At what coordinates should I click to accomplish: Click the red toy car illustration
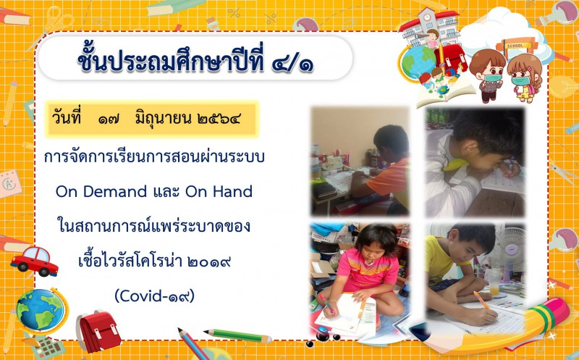click(34, 261)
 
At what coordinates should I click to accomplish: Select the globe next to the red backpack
click(41, 310)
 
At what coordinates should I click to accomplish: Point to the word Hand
click(232, 191)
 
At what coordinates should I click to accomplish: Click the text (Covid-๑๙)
click(154, 296)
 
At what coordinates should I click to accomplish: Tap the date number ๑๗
click(109, 119)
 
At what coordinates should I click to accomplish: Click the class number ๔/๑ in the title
click(292, 62)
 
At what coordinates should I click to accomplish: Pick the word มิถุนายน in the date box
click(163, 119)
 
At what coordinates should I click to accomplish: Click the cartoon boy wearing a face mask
click(487, 75)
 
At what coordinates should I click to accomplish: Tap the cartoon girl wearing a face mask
click(524, 78)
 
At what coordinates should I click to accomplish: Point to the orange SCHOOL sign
click(515, 46)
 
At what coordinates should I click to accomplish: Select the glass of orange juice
click(494, 282)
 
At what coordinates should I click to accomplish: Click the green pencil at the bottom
click(238, 335)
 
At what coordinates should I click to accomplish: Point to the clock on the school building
click(427, 17)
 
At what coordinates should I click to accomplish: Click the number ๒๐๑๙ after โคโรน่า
click(209, 261)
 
